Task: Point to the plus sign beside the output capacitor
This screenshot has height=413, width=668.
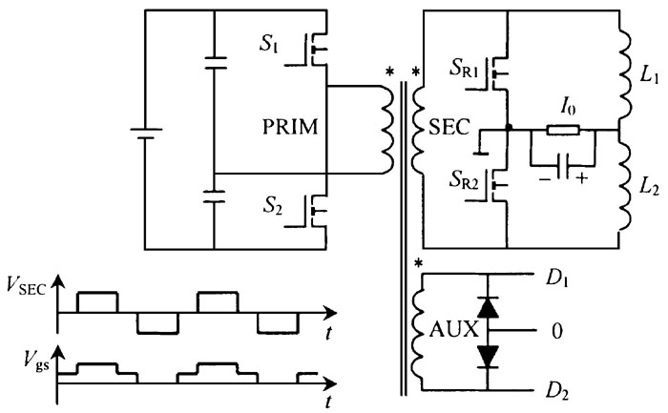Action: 581,178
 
